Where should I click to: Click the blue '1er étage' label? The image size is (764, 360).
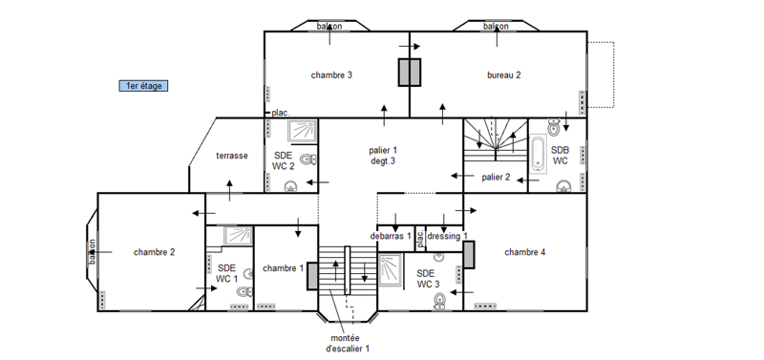click(144, 86)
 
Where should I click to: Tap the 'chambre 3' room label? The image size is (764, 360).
click(331, 75)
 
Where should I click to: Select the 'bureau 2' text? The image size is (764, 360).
click(504, 75)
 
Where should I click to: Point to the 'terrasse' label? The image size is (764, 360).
click(232, 156)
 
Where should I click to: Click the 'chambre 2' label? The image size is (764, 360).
click(155, 252)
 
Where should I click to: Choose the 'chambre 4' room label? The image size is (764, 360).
click(524, 252)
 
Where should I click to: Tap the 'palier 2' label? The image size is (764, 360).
click(496, 178)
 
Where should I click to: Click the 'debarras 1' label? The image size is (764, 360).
click(391, 236)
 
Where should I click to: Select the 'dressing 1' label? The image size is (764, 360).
click(447, 236)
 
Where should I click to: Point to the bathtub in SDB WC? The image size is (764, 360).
click(538, 155)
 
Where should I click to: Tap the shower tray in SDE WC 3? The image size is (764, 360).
click(391, 270)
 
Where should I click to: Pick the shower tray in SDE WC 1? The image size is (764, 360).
click(238, 235)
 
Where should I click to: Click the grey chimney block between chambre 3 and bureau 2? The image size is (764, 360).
click(410, 73)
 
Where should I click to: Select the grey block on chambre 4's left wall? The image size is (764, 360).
click(469, 254)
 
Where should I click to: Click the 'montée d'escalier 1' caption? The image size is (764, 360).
click(348, 344)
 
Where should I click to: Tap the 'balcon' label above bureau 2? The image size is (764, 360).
click(496, 26)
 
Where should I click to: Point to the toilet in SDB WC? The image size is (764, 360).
click(554, 128)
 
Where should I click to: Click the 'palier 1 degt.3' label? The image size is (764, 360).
click(383, 156)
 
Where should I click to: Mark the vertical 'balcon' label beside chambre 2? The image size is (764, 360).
click(92, 252)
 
